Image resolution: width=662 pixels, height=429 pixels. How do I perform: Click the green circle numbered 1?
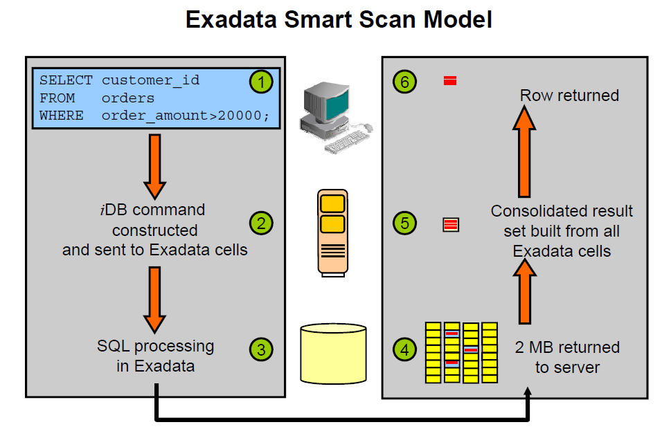point(260,82)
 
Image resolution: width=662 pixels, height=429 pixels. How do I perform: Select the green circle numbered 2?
point(260,223)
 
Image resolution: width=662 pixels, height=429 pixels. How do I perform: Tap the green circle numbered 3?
point(260,349)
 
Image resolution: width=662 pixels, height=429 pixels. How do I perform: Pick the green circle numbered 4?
point(405,349)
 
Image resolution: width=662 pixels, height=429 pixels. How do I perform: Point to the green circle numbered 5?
point(405,223)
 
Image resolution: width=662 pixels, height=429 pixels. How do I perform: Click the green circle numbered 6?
point(405,82)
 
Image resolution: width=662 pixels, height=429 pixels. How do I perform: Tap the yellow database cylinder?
point(333,352)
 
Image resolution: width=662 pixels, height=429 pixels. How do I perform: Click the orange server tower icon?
point(333,232)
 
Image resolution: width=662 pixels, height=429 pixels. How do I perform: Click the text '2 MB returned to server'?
point(567,357)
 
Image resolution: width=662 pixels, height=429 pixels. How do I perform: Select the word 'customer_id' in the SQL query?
point(150,80)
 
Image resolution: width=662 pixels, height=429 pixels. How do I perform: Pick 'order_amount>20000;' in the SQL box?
point(185,116)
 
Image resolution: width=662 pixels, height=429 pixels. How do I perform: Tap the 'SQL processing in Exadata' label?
point(155,356)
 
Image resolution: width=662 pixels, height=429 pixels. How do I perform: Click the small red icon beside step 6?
point(450,82)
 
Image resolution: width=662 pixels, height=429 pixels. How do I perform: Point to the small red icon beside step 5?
point(451,224)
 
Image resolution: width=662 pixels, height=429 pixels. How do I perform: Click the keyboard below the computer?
point(346,142)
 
